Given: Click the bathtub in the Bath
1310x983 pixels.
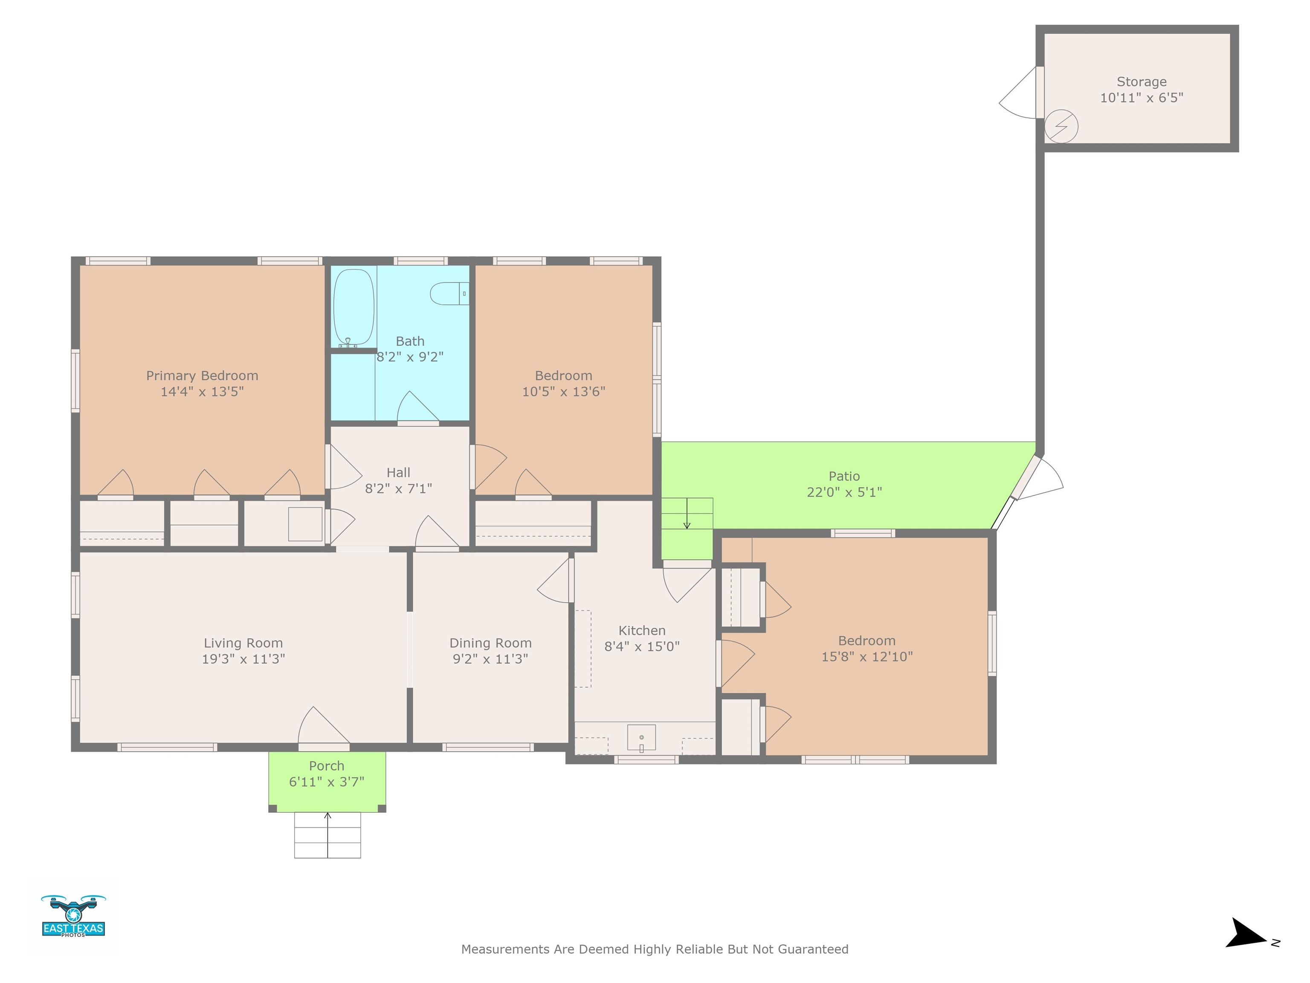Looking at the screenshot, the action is coord(354,308).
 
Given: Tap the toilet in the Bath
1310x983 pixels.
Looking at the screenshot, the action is coord(449,293).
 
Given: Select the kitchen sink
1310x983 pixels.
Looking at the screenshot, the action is coord(641,738).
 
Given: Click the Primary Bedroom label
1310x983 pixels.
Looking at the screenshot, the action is coord(202,375).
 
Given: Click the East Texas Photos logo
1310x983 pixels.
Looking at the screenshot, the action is coord(73,916).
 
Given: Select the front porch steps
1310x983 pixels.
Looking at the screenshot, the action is coord(327,835).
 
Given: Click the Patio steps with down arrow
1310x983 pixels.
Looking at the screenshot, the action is coord(687,513).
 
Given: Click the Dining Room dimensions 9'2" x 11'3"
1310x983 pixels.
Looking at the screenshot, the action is coord(490,659).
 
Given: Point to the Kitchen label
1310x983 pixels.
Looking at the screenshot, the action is coord(642,631).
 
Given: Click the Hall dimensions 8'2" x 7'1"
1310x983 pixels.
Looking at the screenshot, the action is coord(399,488).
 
